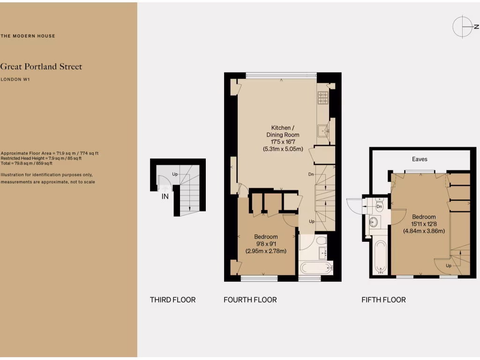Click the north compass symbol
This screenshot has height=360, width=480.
click(462, 26)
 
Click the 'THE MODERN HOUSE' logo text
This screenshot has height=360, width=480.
click(28, 36)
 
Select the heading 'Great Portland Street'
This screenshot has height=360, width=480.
click(41, 67)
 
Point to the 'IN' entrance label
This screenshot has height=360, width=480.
click(165, 197)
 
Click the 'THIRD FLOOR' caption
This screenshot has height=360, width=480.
click(172, 300)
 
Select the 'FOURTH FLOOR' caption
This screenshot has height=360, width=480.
click(250, 300)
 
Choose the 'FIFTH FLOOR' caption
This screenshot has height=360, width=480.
click(383, 300)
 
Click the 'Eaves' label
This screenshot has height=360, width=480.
click(420, 159)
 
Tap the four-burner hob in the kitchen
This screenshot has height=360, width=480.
click(323, 97)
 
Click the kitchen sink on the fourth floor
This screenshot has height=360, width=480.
click(323, 130)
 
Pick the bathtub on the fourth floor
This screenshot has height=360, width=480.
click(316, 268)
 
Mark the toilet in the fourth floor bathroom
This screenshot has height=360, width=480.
click(321, 241)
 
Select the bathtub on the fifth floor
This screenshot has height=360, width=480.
click(381, 257)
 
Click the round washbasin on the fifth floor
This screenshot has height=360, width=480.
click(374, 222)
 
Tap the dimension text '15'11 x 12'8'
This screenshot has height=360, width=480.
click(424, 224)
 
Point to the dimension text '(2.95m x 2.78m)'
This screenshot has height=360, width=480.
click(266, 251)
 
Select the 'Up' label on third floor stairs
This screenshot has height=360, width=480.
click(175, 174)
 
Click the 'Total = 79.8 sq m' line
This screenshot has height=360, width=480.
click(26, 164)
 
